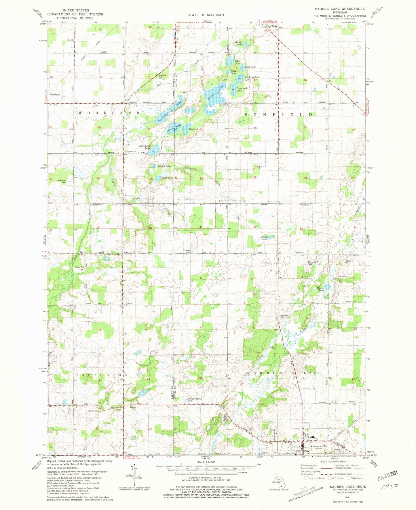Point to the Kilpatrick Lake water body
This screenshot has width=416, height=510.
pyautogui.click(x=154, y=151)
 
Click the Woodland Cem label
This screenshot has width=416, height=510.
pyautogui.click(x=62, y=181)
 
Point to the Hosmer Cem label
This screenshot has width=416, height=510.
pyautogui.click(x=93, y=411)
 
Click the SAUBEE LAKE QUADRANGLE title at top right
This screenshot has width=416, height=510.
pyautogui.click(x=336, y=9)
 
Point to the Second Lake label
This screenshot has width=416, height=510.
pyautogui.click(x=164, y=167)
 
